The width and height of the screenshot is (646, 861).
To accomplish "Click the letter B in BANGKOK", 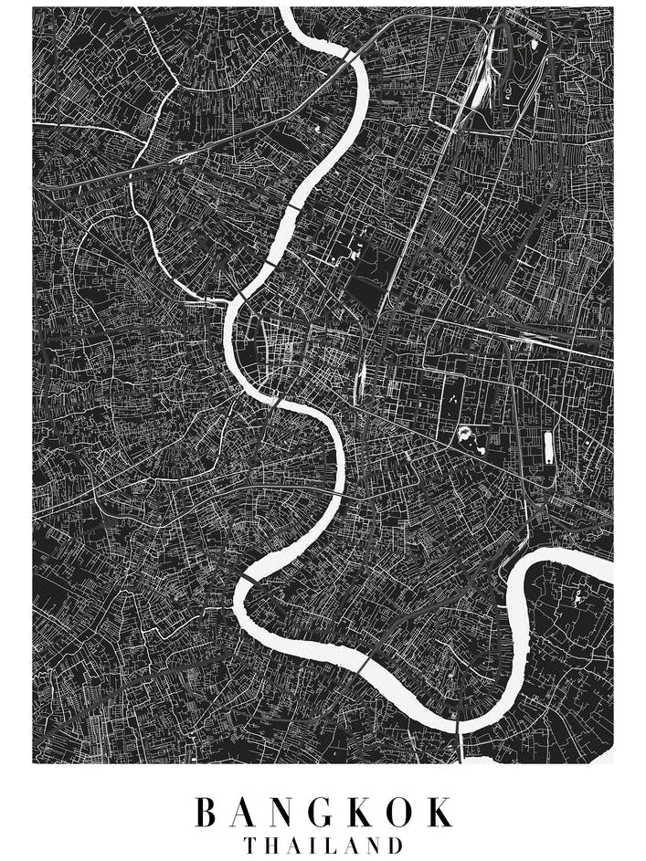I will click(207, 812).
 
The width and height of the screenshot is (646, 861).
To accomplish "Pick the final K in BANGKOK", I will click(442, 812).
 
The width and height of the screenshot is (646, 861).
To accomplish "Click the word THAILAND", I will click(323, 845).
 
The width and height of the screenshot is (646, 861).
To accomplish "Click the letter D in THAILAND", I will click(395, 845).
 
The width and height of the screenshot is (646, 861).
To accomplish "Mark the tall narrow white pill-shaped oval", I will click(548, 447).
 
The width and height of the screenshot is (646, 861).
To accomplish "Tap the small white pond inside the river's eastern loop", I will click(577, 599).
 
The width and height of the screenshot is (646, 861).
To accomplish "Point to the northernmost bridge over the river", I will click(350, 57).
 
